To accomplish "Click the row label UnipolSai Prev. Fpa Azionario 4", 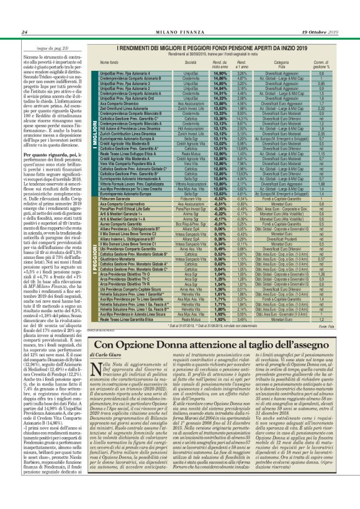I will click(x=128, y=73).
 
